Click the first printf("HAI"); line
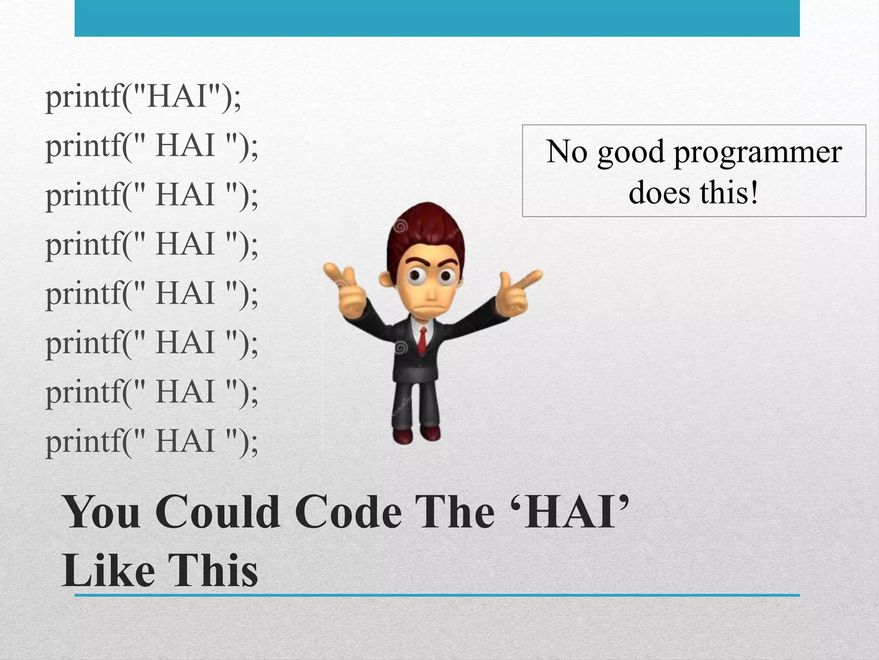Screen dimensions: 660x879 pyautogui.click(x=143, y=98)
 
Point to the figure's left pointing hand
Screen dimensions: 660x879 pyautogui.click(x=343, y=288)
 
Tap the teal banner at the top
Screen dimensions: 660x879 pyautogui.click(x=437, y=18)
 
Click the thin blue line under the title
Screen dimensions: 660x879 pyautogui.click(x=437, y=596)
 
